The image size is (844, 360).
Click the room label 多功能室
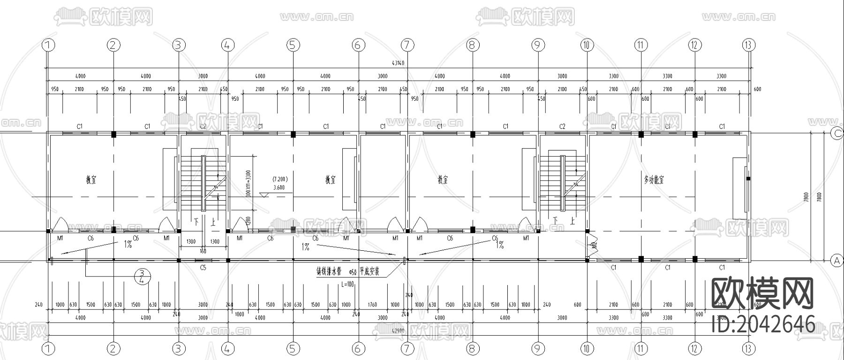click(654, 180)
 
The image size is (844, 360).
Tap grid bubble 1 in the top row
click(48, 45)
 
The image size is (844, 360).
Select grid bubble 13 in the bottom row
click(749, 348)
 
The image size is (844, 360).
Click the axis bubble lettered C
click(837, 134)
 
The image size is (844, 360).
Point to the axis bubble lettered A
click(837, 260)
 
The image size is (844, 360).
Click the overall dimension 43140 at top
click(398, 63)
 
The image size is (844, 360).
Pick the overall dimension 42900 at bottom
click(398, 331)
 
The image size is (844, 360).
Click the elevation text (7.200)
click(280, 179)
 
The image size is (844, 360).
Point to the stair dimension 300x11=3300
click(249, 183)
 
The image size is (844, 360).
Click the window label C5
click(203, 268)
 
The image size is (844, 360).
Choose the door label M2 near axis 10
click(594, 245)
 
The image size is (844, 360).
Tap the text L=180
click(348, 284)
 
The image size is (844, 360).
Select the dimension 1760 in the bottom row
click(372, 305)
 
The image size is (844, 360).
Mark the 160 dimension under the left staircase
click(203, 252)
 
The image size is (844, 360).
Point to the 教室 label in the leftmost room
click(91, 180)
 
